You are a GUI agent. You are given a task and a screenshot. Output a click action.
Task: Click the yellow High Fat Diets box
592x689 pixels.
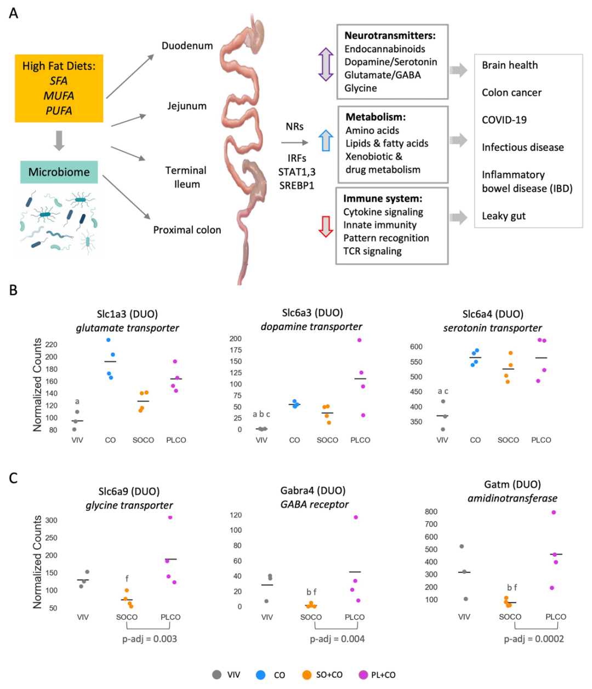[x=59, y=88]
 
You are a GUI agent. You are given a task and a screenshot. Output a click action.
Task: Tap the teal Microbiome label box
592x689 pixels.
[x=59, y=172]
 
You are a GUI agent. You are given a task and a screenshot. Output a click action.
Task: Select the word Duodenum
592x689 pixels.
[x=187, y=45]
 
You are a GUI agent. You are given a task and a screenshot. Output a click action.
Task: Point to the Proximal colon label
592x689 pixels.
[x=187, y=230]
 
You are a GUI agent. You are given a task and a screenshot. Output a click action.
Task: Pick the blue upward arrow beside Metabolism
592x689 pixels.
[x=326, y=140]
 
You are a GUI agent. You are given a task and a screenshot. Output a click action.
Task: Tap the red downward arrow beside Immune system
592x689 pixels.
[x=326, y=226]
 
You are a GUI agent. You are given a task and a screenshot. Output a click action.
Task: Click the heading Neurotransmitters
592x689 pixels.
[x=390, y=36]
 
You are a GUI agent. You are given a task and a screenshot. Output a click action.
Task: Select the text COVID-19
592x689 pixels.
[x=504, y=120]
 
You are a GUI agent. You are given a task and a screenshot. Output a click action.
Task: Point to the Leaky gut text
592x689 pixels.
[x=503, y=216]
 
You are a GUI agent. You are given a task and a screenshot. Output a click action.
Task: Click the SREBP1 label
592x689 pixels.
[x=297, y=185]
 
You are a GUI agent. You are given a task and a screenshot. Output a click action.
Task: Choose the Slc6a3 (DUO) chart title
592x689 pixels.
[x=312, y=313]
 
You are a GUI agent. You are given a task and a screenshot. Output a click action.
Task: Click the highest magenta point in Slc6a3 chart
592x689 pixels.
[x=360, y=340]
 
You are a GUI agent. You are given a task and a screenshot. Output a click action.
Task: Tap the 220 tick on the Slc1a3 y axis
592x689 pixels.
[x=51, y=345]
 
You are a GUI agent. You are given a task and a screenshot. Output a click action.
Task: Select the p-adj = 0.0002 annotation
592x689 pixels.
[x=533, y=639]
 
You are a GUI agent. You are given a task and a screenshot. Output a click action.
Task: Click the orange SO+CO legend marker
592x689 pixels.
[x=306, y=675]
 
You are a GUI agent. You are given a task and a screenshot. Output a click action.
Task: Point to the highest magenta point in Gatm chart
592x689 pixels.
[x=554, y=513]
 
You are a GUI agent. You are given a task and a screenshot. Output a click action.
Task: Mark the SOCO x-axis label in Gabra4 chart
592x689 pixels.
[x=311, y=617]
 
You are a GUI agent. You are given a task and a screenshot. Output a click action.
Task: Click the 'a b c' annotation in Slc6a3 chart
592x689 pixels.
[x=261, y=414]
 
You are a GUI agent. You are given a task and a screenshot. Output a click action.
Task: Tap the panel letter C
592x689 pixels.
[x=13, y=478]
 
